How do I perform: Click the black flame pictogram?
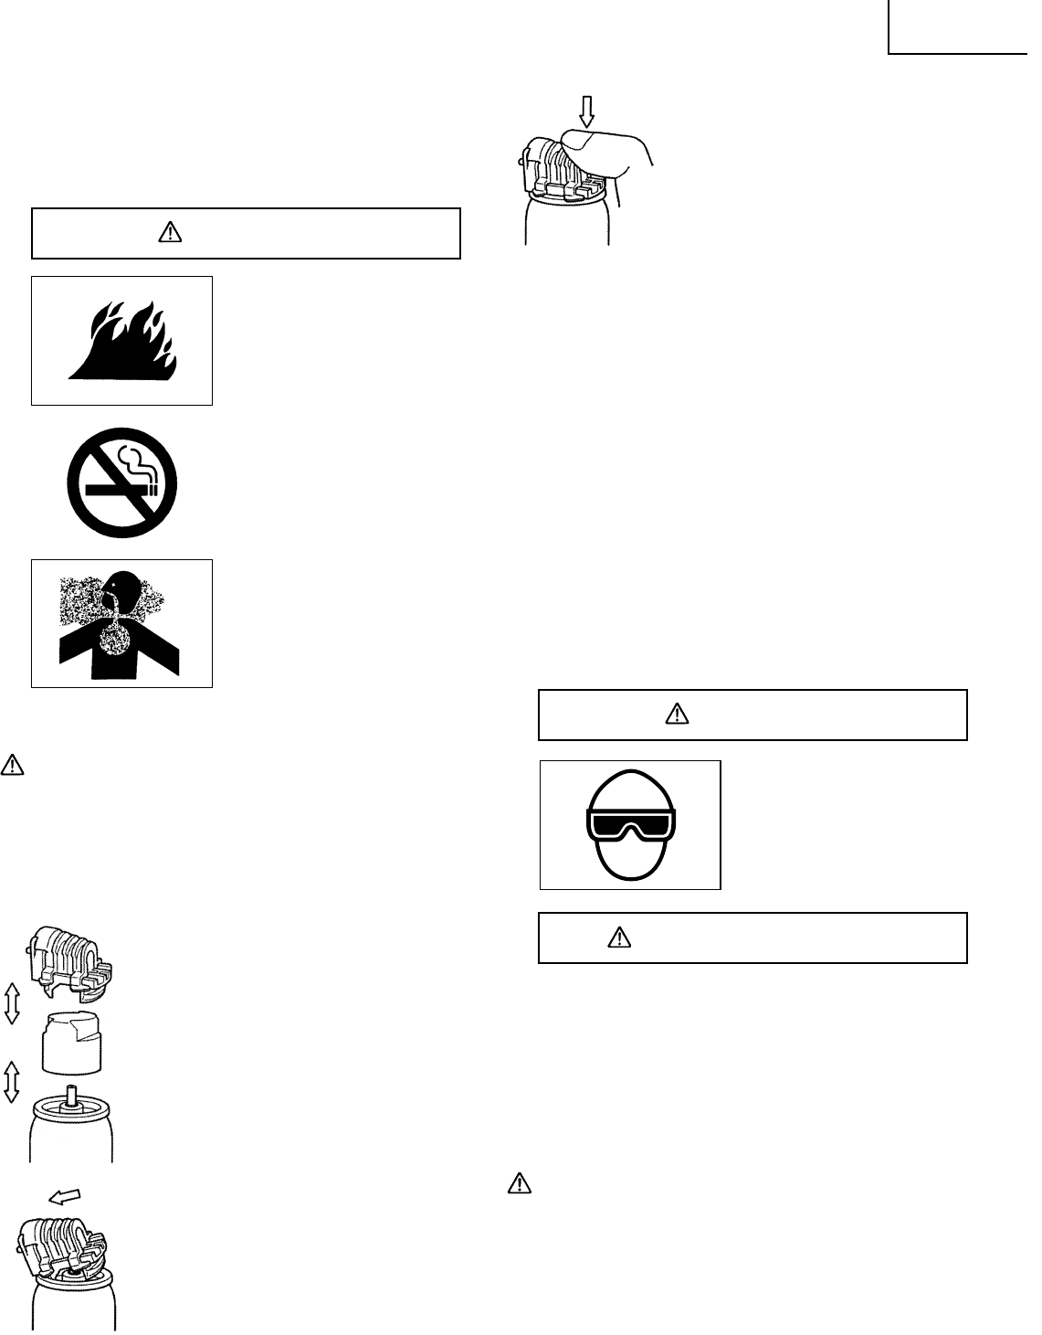tap(122, 341)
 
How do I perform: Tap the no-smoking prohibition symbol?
tap(121, 482)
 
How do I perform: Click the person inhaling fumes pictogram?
tap(121, 623)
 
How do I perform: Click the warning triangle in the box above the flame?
tap(170, 234)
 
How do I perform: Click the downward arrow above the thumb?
tap(586, 111)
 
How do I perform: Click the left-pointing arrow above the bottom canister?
tap(63, 1194)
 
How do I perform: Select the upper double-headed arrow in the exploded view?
tap(12, 1003)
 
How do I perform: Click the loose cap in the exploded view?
tap(71, 1042)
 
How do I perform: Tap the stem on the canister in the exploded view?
tap(70, 1094)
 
